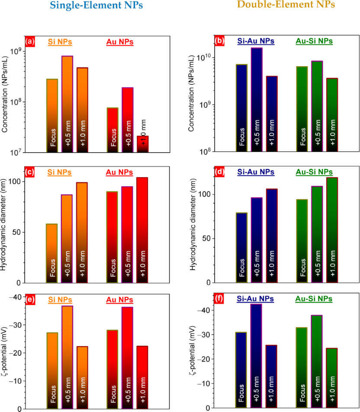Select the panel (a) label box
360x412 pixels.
click(30, 42)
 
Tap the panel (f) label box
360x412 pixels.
click(219, 298)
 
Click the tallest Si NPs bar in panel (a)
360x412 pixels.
click(67, 104)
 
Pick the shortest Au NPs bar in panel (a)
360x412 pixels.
click(143, 144)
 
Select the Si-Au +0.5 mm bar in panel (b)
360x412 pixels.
click(257, 99)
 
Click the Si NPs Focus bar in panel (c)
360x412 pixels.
click(52, 253)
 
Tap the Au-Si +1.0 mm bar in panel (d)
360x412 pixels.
click(332, 230)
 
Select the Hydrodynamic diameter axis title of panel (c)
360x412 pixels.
click(6, 224)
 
